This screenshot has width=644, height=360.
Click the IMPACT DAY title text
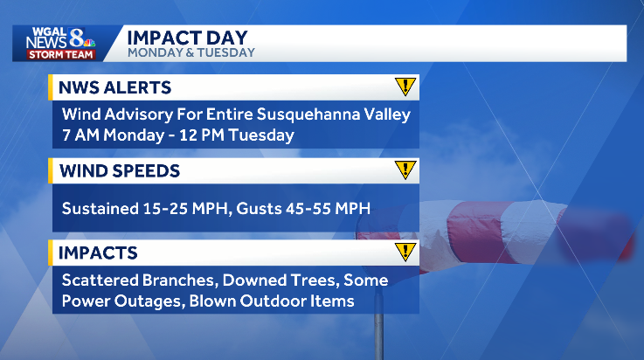pos(187,37)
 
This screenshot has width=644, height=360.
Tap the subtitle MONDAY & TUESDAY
pos(190,52)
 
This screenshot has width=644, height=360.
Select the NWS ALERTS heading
pos(114,87)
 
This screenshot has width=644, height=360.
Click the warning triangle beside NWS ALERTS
pos(405,87)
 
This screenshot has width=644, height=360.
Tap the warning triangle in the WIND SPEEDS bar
pos(405,170)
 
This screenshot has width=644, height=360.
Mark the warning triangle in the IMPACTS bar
pos(405,253)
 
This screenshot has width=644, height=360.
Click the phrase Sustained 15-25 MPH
pos(139,208)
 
